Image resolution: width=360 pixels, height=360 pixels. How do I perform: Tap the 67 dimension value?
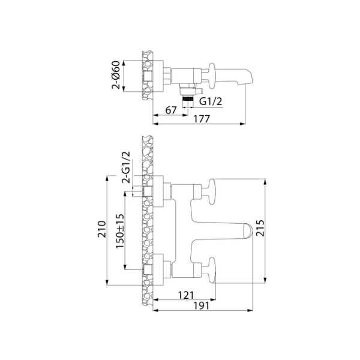point(171,110)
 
